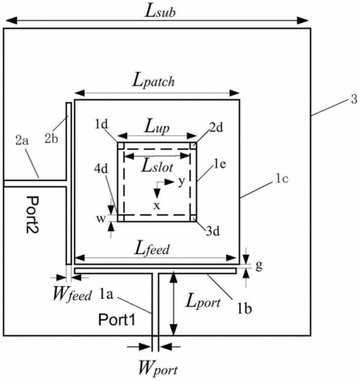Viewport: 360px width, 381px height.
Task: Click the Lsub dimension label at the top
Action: (x=160, y=12)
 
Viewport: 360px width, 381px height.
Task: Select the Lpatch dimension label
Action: (x=153, y=81)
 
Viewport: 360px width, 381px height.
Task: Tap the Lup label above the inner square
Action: (x=157, y=128)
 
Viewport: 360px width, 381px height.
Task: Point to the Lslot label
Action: (x=158, y=166)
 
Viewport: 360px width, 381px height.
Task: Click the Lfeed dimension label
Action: (x=152, y=248)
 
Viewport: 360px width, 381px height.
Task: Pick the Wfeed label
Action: (x=72, y=295)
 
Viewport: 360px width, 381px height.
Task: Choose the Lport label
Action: (x=203, y=302)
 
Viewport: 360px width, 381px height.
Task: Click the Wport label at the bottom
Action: (x=158, y=368)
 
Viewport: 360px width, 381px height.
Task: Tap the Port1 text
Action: (x=117, y=320)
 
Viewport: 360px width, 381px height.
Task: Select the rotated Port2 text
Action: (x=33, y=214)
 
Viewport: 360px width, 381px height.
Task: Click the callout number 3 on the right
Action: (x=354, y=99)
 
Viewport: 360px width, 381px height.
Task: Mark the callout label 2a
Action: (x=22, y=141)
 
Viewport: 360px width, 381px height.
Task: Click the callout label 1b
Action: (x=244, y=309)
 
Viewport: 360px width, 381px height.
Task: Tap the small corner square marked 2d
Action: (x=193, y=146)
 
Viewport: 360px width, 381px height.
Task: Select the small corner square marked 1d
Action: (x=120, y=146)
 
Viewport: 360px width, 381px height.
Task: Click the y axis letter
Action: (x=181, y=182)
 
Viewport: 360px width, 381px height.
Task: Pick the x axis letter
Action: (x=157, y=206)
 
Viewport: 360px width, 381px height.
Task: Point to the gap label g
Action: (x=259, y=265)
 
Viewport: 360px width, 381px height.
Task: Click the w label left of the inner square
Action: (x=101, y=218)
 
